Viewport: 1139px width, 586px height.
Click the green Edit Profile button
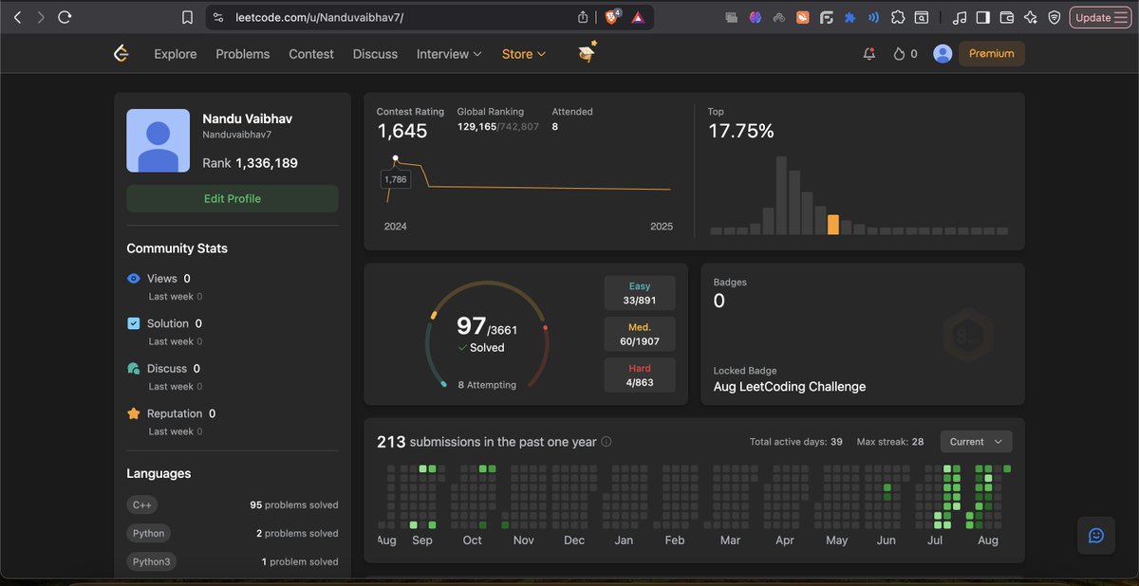click(232, 198)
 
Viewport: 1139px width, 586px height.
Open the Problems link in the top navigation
click(242, 54)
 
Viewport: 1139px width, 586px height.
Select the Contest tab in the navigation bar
click(311, 54)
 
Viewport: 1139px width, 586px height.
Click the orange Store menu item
click(523, 54)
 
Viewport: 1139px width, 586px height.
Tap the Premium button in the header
click(991, 54)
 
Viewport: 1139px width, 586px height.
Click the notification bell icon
click(868, 54)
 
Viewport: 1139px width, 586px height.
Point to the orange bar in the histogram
click(832, 225)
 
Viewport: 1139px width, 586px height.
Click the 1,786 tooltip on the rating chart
click(395, 179)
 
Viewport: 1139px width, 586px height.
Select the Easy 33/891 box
click(640, 294)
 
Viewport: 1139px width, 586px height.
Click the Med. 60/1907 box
click(640, 335)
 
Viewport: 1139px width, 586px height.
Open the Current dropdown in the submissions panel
click(976, 442)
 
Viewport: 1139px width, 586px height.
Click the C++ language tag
click(142, 504)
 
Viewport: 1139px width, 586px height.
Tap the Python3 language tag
click(151, 561)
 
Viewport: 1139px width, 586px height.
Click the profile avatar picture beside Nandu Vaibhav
click(158, 140)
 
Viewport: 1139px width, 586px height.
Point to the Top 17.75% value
click(740, 132)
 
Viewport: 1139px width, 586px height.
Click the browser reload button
click(65, 17)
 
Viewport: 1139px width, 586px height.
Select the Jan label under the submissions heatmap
click(624, 540)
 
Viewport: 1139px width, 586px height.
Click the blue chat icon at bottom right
click(1095, 536)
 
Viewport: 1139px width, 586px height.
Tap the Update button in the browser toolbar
click(1099, 17)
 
